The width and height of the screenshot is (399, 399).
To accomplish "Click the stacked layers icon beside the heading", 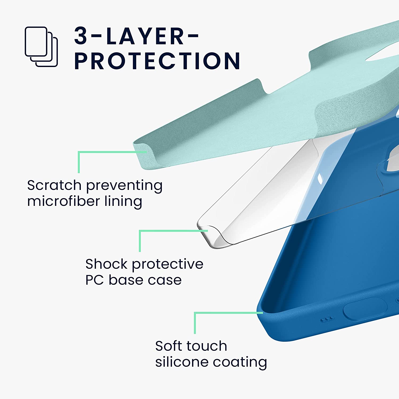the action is pos(41,47).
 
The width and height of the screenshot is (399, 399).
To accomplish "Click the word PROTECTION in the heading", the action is pos(157,61).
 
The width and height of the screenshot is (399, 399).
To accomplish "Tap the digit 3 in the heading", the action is pos(81,36).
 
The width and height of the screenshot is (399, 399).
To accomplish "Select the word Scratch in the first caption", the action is pos(54,185).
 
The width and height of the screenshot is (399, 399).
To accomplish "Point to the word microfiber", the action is pos(63,201).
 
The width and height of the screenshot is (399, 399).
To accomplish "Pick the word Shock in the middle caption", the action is pos(106,264).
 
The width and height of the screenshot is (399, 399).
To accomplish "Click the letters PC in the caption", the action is pos(94,280).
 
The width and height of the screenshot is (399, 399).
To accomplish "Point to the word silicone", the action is pos(178,362).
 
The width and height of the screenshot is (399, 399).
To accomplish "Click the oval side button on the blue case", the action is pos(365,309).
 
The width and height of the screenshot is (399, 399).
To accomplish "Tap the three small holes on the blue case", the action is pos(327,319).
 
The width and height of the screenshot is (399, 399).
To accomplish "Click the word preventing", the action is pos(124,186).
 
